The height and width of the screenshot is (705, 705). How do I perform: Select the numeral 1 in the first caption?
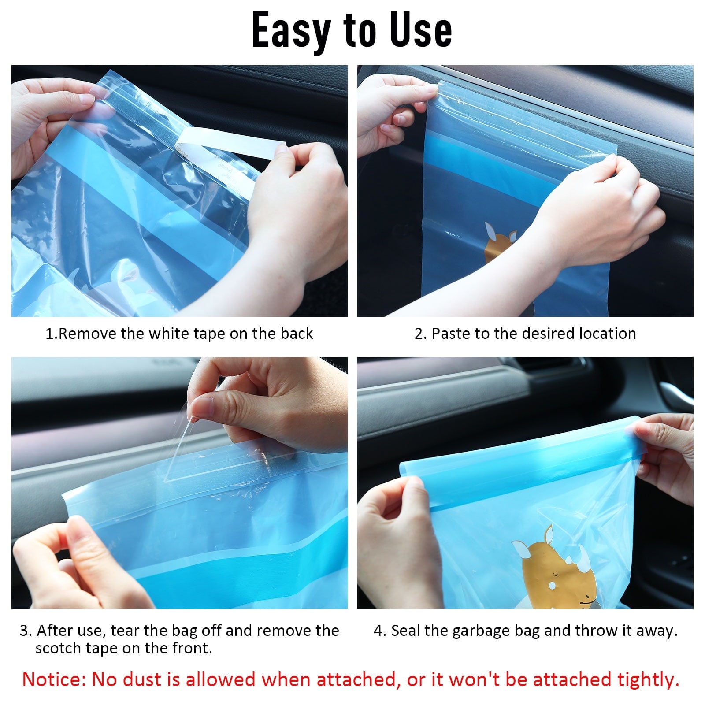click(50, 334)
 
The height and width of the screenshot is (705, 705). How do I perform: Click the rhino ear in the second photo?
click(490, 231)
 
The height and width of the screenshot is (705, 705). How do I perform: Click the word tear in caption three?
click(124, 631)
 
